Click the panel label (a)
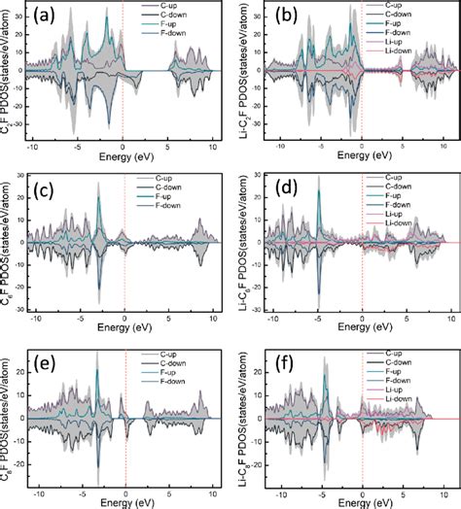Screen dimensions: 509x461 pyautogui.click(x=49, y=17)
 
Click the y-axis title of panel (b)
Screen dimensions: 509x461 pyautogui.click(x=247, y=73)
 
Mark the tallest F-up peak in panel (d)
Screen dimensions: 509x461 pyautogui.click(x=318, y=190)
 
